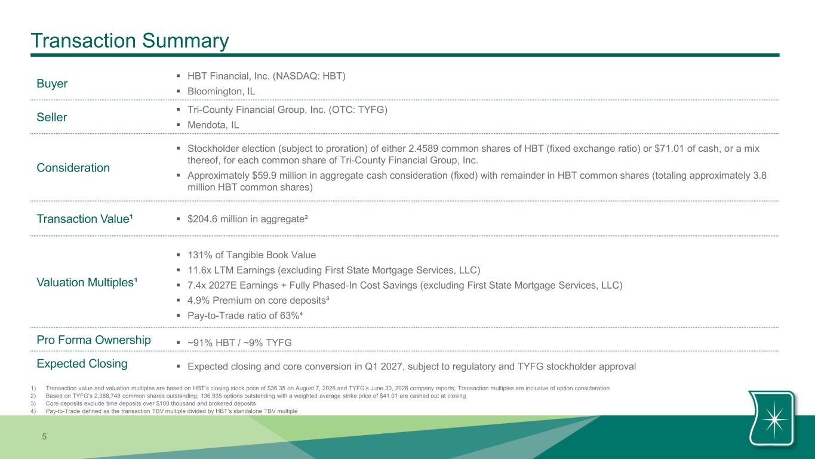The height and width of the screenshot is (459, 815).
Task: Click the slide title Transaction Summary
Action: coord(130,41)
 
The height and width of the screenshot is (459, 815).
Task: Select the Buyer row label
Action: coord(52,84)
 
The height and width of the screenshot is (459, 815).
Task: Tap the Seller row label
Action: coord(52,117)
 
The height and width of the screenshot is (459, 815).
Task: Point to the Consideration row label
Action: coord(73,167)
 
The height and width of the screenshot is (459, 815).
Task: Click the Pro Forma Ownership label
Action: coord(94,340)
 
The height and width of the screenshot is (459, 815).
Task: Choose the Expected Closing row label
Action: coord(82,363)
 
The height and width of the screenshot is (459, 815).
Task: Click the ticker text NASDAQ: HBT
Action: coord(309,76)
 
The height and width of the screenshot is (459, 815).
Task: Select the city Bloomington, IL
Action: coord(221,91)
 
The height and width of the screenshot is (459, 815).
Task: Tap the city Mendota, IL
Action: coord(213,125)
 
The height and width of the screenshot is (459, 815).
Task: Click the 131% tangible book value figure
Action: coord(200,255)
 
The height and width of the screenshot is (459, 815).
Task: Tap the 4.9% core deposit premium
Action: coord(199,301)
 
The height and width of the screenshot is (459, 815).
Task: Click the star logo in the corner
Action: coord(772,418)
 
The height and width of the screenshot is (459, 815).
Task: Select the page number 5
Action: coord(44,437)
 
